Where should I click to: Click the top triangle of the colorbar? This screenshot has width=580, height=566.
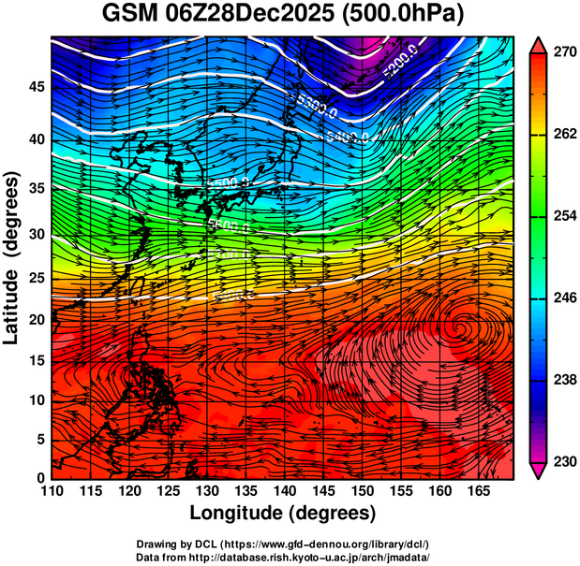click(538, 45)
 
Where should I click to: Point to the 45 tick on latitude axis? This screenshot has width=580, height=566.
click(34, 87)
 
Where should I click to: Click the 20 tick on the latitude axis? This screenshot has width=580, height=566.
click(34, 320)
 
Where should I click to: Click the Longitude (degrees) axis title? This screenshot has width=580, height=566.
click(283, 513)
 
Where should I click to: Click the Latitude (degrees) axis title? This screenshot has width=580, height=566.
click(12, 257)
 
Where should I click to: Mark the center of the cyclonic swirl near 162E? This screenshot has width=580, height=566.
click(462, 328)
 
